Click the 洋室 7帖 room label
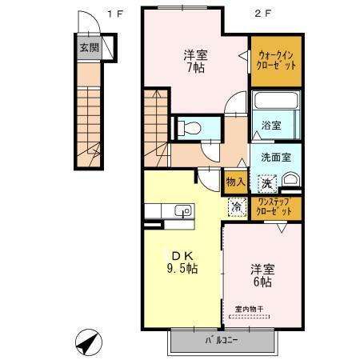195,61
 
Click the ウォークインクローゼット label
275,60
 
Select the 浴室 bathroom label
271,126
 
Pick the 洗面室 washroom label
276,156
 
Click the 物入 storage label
234,182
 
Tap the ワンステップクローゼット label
275,209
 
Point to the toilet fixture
188,127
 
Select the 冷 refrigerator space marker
237,206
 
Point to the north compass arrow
87,342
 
